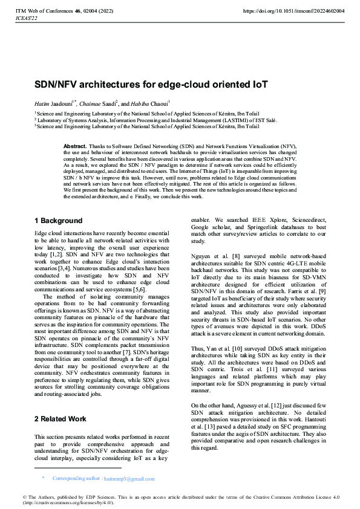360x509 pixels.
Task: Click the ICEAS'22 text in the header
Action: click(26, 18)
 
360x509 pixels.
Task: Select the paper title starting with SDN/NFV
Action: click(143, 84)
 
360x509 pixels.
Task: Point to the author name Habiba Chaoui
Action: click(152, 103)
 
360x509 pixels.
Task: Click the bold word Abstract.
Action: click(75, 146)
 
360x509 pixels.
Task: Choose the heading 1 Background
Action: click(58, 220)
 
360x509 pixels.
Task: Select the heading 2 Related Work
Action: click(61, 418)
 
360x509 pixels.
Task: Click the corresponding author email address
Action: click(129, 479)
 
